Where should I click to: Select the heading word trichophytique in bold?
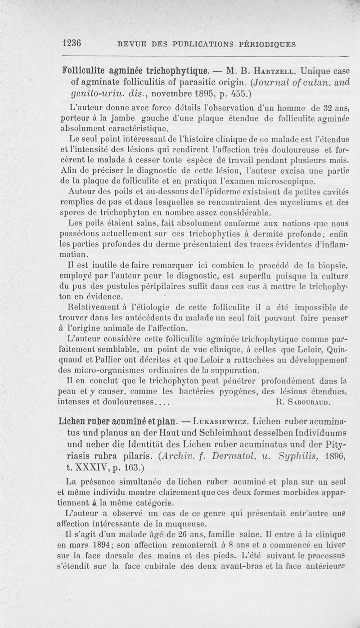pos(178,71)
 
